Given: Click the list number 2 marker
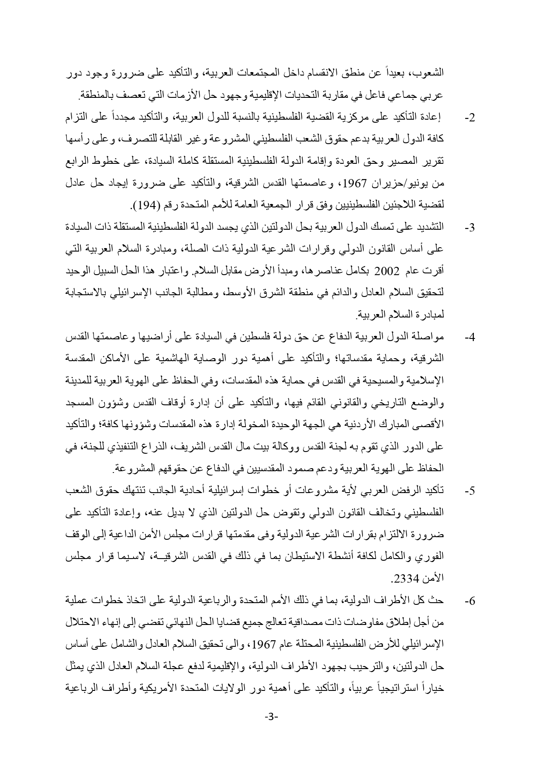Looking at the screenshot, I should point(470,119).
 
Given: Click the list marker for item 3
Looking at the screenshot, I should point(470,228).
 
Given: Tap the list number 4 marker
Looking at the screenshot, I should point(470,338).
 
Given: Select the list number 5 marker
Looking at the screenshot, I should point(470,491).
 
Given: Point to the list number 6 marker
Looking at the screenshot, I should point(470,601).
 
